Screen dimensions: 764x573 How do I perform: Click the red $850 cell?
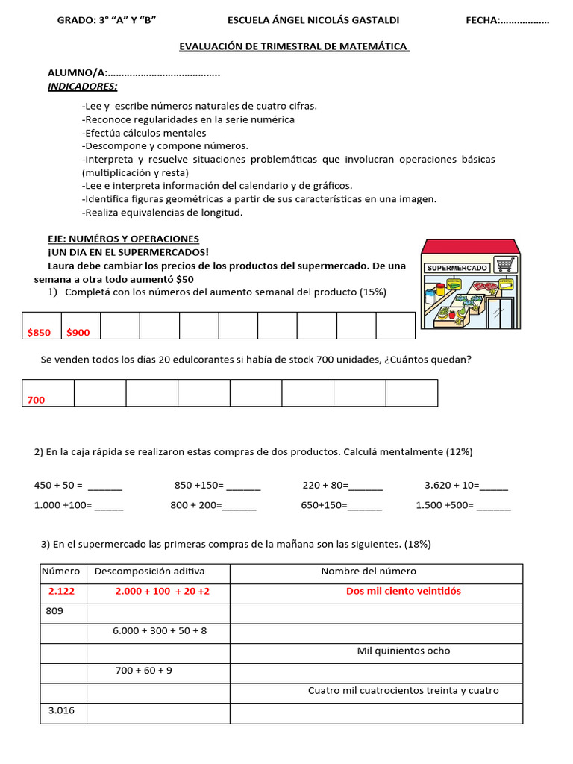tap(40, 333)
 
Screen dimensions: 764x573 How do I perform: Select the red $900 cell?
tap(78, 333)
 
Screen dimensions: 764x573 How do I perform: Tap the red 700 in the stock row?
tap(36, 400)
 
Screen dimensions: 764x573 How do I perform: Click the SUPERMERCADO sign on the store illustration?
tap(457, 267)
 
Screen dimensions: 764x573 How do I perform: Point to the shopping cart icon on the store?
tap(506, 264)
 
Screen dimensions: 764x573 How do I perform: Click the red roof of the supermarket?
tap(470, 247)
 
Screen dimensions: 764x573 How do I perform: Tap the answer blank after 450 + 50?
tap(105, 486)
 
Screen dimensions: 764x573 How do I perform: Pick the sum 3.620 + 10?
tap(450, 485)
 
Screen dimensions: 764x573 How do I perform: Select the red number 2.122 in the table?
tap(62, 591)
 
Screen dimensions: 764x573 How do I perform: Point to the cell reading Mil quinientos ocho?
tap(404, 651)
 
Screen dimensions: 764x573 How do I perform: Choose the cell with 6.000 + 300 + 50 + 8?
tap(160, 630)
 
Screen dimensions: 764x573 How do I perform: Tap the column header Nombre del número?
tap(369, 572)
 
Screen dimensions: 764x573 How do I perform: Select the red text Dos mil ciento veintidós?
tap(404, 591)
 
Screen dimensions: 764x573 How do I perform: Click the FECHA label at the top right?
tap(483, 20)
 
